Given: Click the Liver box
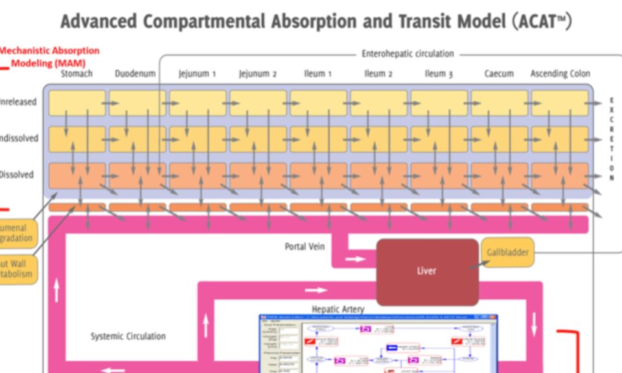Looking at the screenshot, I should click(427, 271).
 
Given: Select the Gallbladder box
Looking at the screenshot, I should click(508, 252).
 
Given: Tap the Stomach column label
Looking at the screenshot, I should click(76, 74).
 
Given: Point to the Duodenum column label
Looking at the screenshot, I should click(135, 74).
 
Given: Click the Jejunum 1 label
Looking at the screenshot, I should click(197, 74).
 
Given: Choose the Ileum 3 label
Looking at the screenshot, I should click(439, 74).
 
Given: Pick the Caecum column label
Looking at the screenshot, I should click(499, 74).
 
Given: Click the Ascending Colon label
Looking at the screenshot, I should click(560, 74).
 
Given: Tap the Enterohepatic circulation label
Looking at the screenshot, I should click(408, 54).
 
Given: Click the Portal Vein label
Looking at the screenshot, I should click(305, 247).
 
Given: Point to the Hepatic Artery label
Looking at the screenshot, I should click(338, 310).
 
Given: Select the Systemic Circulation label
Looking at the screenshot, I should click(128, 336).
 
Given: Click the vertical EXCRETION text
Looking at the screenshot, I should click(611, 139).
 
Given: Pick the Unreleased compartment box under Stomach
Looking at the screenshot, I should click(76, 103).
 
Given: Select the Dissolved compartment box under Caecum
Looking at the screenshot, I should click(499, 175).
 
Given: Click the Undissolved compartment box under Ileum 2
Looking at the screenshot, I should click(378, 139).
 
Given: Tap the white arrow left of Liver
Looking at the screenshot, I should click(354, 259).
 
